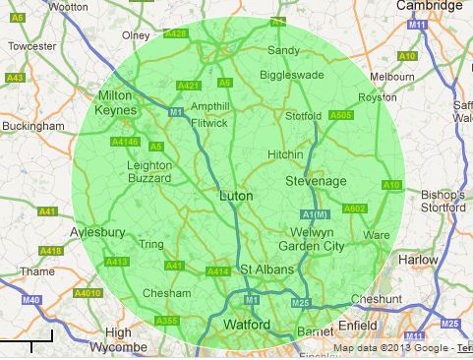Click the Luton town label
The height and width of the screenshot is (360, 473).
235,197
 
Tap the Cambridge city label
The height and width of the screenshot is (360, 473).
430,6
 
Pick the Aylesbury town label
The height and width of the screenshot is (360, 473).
97,233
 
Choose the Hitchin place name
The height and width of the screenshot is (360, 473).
285,154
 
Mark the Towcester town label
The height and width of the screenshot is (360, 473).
32,46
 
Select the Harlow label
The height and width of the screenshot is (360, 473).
419,260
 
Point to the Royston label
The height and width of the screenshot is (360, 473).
377,97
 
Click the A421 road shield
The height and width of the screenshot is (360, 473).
188,87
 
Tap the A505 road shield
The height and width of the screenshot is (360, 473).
341,115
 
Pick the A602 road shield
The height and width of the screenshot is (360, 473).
354,208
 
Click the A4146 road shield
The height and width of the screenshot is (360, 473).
125,142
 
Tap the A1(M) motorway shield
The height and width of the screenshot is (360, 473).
312,214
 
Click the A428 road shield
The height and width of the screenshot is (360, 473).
176,33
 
